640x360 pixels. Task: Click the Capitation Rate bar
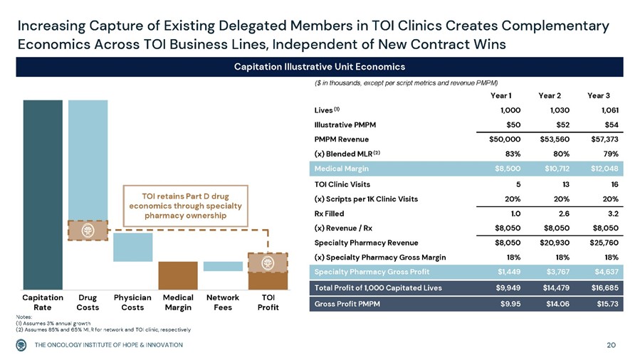coord(43,192)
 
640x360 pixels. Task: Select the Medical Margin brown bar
coord(177,275)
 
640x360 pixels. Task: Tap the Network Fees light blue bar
coord(223,266)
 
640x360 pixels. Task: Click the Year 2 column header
coord(550,96)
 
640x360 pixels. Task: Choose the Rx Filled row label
coord(329,213)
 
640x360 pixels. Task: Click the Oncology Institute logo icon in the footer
coord(23,345)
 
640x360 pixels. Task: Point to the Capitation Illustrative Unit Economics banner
coord(320,67)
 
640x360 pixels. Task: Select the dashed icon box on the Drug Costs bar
coord(88,231)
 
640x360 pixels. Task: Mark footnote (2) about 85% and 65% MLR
coord(103,330)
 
